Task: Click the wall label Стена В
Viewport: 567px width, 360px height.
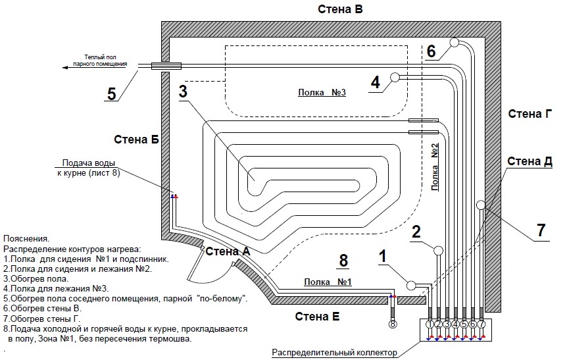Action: pos(341,9)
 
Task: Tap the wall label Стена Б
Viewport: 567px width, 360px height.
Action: pos(136,139)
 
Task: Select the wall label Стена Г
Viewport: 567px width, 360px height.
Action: pos(530,114)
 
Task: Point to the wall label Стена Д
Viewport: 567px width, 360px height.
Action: pos(530,161)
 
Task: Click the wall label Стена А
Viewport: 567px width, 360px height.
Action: pos(228,251)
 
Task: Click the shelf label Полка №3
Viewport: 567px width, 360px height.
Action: pos(322,93)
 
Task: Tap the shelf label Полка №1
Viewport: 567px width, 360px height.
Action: pos(328,282)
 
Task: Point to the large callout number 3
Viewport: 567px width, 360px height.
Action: pos(184,93)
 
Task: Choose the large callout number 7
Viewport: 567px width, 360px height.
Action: pos(541,231)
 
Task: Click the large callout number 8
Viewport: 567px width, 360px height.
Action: pos(342,261)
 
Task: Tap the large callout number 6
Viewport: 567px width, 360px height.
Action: pos(431,51)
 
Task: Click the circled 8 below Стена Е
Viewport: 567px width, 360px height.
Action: pos(393,324)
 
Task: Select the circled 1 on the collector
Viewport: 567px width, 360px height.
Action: pos(430,324)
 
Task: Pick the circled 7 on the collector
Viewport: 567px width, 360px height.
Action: pos(481,324)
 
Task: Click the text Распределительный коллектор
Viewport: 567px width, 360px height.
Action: pos(335,353)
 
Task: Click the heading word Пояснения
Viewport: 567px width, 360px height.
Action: pos(26,238)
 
